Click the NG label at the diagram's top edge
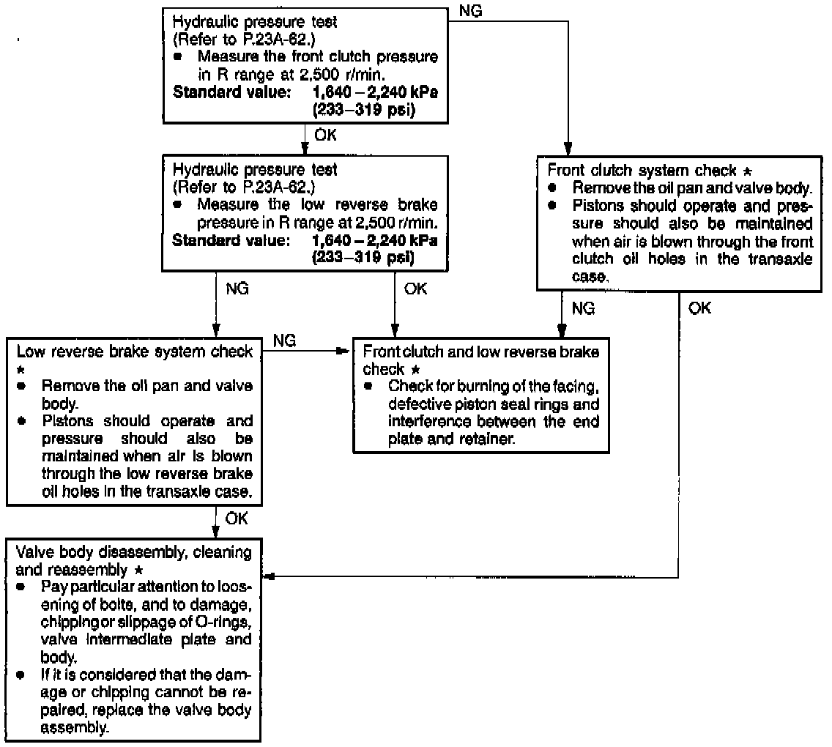[472, 10]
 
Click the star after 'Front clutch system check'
[746, 171]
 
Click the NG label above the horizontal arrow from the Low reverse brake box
[284, 341]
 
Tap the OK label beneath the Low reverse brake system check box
[237, 519]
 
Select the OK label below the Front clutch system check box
[699, 308]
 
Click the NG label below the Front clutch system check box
[583, 308]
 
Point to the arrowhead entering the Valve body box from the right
[269, 577]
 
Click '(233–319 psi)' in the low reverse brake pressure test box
[363, 257]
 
